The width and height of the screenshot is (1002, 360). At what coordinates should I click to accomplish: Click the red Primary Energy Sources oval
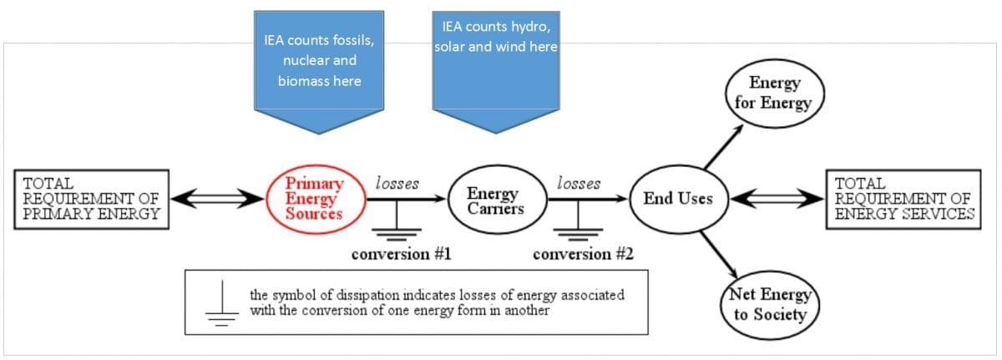pyautogui.click(x=313, y=198)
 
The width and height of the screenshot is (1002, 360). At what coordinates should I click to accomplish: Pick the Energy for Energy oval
pyautogui.click(x=774, y=93)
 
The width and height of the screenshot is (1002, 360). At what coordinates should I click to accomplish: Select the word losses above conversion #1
pyautogui.click(x=397, y=183)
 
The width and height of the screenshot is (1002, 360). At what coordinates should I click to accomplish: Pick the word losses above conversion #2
pyautogui.click(x=578, y=183)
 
